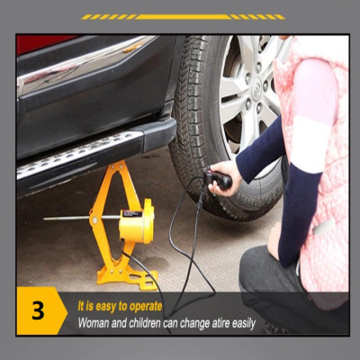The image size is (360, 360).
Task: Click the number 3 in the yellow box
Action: point(38,311)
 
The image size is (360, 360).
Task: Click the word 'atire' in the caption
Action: point(206,321)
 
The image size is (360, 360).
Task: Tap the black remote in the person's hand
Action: point(218,179)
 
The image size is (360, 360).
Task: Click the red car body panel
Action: point(36,43)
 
